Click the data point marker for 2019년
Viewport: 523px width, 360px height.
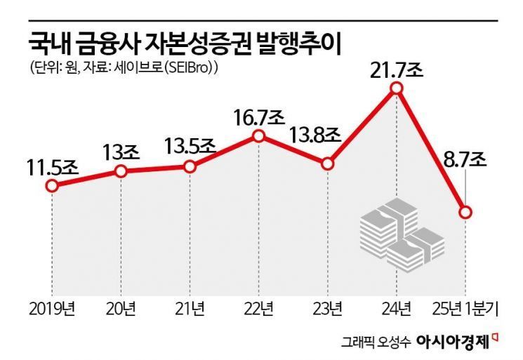tap(51, 186)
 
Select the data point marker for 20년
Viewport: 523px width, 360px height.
tap(121, 171)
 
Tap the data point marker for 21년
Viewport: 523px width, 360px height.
tap(190, 166)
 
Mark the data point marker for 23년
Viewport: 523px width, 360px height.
tap(327, 164)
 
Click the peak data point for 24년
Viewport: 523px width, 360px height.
tap(396, 88)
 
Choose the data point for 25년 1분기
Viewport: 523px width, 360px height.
tap(465, 212)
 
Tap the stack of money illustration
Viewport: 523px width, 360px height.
tap(397, 235)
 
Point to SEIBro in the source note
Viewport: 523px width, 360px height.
tap(191, 69)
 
